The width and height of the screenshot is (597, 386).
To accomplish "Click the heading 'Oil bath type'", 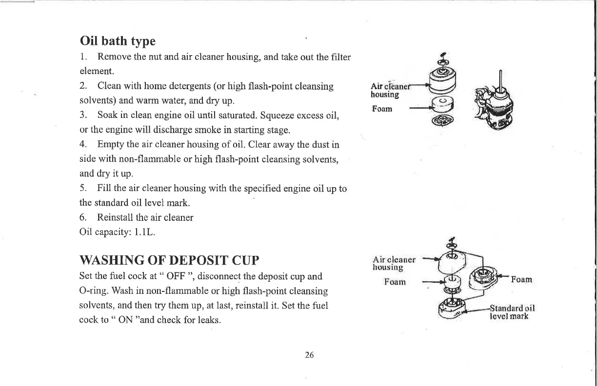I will point(118,40).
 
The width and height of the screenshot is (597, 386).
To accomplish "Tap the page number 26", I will point(309,355).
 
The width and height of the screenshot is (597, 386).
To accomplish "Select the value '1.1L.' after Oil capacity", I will point(144,232).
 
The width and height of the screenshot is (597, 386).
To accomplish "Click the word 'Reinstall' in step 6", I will point(116,217).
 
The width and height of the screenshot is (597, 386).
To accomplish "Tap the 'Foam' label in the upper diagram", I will point(382,109).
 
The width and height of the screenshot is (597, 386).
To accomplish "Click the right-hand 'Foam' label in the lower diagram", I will point(522,280).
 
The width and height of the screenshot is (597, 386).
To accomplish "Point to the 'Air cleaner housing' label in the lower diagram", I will point(394,263).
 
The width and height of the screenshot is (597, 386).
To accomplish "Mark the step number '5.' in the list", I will point(83,188).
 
